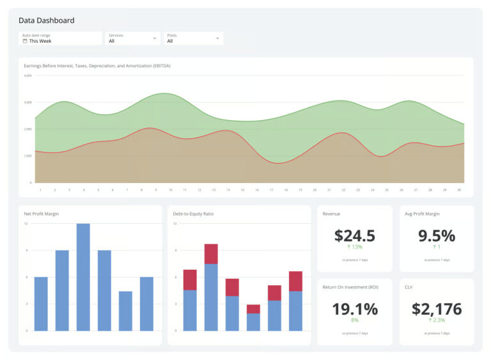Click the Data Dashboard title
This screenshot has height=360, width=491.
(x=46, y=20)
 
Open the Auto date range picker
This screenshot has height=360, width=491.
(x=60, y=38)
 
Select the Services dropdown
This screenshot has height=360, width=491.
(x=132, y=38)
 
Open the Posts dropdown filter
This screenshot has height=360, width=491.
(x=192, y=38)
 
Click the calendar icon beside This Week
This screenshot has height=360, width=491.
(x=25, y=41)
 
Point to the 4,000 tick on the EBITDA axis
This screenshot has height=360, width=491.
(x=27, y=76)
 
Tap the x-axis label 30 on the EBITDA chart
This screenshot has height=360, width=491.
(x=459, y=190)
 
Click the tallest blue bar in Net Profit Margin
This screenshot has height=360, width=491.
(x=83, y=277)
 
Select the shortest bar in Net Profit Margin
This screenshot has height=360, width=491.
(x=125, y=311)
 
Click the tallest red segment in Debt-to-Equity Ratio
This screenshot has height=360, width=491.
(x=212, y=254)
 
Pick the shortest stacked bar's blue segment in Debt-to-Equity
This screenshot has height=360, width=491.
(x=254, y=322)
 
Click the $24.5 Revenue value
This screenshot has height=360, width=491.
(x=355, y=236)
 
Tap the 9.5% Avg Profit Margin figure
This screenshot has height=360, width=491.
(x=437, y=236)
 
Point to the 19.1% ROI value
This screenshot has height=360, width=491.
(x=355, y=309)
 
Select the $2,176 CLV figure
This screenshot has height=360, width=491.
(x=437, y=309)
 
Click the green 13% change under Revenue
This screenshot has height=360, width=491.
(x=355, y=247)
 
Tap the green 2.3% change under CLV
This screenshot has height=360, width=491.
(x=437, y=320)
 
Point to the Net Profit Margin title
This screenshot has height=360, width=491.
(x=42, y=214)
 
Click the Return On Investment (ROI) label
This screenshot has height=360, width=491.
(x=350, y=287)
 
